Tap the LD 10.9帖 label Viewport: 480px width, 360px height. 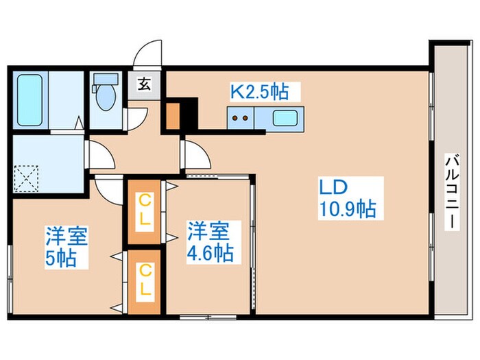click(x=346, y=197)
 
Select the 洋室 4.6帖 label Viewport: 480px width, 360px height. click(x=211, y=241)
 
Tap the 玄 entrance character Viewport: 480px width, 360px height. click(x=145, y=86)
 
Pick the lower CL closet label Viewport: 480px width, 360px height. click(x=145, y=281)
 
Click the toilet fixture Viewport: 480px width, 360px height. click(x=106, y=96)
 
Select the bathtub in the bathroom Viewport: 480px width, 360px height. click(x=29, y=100)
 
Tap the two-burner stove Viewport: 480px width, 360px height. click(x=241, y=118)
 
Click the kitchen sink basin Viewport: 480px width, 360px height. click(x=284, y=118)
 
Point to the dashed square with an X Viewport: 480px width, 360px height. click(x=28, y=178)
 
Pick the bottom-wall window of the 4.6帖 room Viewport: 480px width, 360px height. click(x=207, y=317)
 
